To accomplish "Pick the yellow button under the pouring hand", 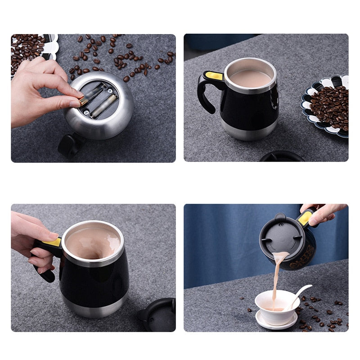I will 305,218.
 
